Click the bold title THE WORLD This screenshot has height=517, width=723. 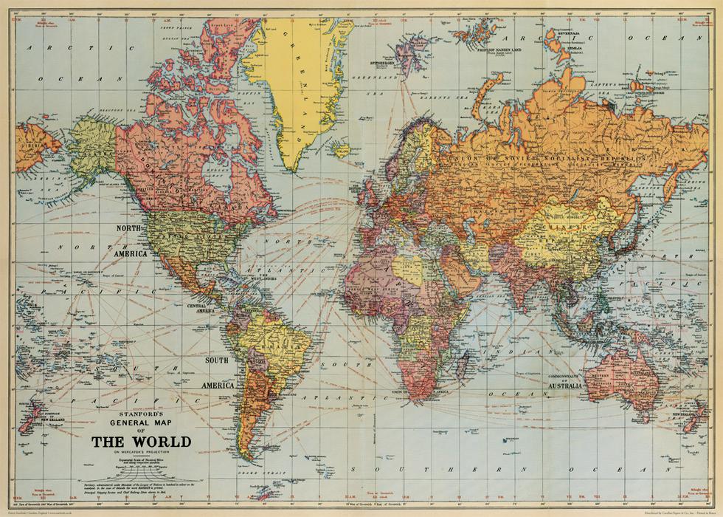140,442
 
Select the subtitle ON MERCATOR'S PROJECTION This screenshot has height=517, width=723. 140,451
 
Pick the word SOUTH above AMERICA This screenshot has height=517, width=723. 217,360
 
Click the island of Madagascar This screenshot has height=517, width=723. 470,363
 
